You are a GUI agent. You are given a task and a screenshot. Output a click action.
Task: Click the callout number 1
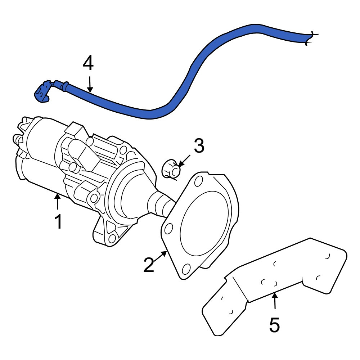click(x=58, y=221)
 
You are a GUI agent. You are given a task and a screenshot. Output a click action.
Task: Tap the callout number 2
click(x=149, y=265)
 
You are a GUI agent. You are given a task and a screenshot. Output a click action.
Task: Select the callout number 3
click(x=199, y=145)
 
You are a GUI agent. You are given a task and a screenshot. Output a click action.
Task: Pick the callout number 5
click(x=275, y=325)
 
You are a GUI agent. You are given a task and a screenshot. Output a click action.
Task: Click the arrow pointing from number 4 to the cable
click(x=90, y=85)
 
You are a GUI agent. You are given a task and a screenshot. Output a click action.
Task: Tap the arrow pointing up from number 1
click(x=57, y=201)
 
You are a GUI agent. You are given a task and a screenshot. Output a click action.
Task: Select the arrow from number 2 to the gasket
click(x=160, y=256)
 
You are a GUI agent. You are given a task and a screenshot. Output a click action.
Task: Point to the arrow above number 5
click(x=275, y=301)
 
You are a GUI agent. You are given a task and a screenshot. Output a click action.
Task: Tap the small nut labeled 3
click(x=171, y=169)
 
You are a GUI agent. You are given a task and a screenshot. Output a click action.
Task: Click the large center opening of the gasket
click(x=204, y=222)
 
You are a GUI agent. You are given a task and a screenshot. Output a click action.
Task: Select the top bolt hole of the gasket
click(x=198, y=181)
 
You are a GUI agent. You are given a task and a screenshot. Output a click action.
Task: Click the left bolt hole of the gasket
click(x=168, y=229)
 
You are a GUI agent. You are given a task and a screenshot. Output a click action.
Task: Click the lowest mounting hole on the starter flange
click(x=112, y=239)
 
